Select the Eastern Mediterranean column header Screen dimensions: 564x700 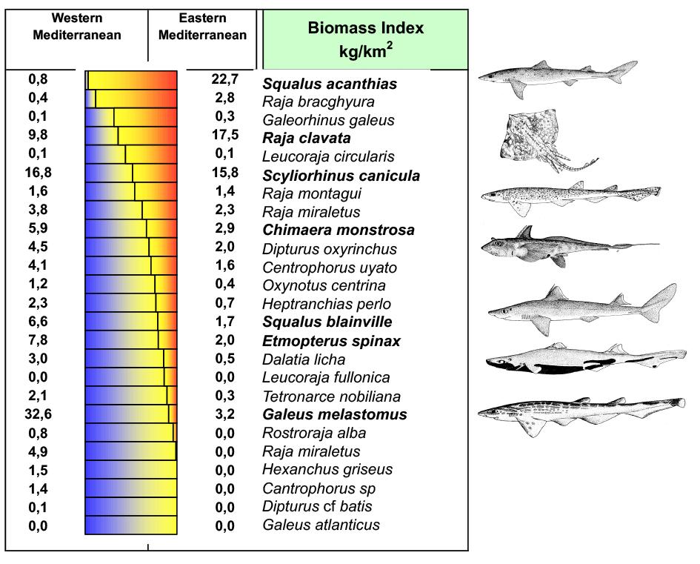(203, 27)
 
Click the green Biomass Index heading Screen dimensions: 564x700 (365, 39)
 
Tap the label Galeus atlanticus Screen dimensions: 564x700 (321, 525)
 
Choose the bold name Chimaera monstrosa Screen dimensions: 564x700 (339, 230)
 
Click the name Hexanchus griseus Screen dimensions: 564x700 (327, 470)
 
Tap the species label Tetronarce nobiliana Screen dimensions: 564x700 (331, 397)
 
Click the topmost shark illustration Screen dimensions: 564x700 (557, 77)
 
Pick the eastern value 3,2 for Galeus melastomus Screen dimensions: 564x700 (224, 414)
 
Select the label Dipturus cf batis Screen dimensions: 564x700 (317, 507)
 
